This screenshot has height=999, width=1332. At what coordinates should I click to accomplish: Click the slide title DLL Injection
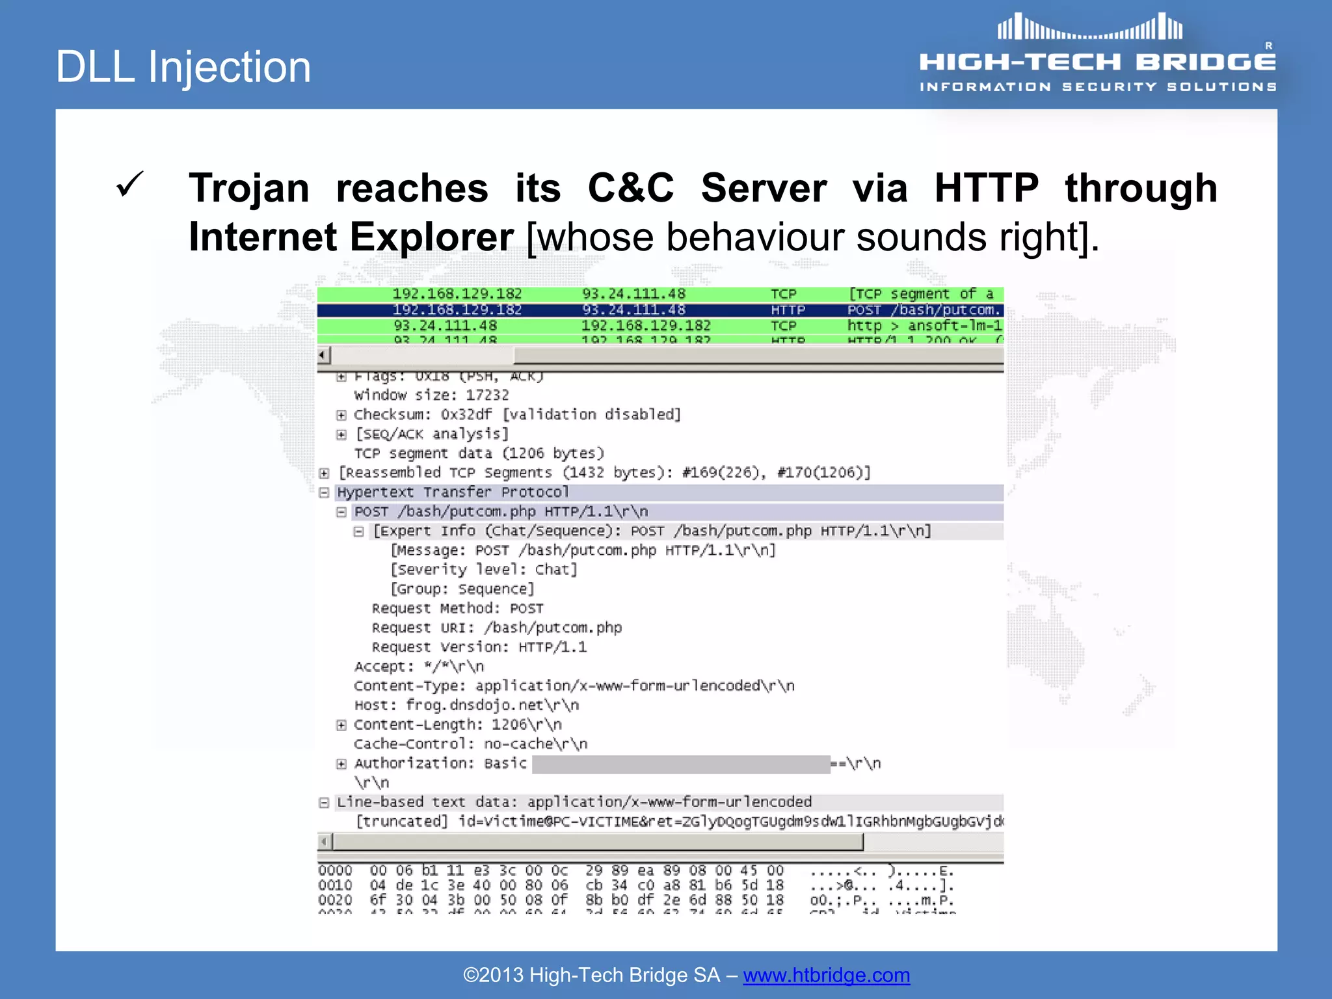tap(183, 67)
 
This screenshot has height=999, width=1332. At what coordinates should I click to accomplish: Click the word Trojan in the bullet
tap(249, 189)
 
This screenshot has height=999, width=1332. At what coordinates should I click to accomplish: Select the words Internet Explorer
tap(351, 237)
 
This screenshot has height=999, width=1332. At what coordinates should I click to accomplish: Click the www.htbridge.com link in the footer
tap(826, 975)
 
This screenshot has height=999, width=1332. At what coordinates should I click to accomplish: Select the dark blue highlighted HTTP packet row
tap(659, 310)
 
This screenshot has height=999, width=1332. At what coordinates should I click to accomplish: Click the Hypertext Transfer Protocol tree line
tap(453, 492)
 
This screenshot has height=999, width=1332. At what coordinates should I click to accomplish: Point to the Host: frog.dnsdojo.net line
tap(466, 705)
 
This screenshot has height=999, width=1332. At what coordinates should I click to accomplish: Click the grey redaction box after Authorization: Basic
tap(680, 764)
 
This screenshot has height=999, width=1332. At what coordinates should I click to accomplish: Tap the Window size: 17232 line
tap(431, 395)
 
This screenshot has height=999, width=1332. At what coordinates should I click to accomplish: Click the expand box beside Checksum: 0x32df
tap(341, 415)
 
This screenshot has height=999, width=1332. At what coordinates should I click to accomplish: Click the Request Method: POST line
tap(457, 608)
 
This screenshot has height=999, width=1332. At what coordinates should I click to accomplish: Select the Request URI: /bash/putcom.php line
tap(496, 628)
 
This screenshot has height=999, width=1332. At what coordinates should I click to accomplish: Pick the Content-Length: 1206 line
tap(457, 725)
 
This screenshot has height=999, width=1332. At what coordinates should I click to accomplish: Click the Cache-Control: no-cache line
tap(470, 744)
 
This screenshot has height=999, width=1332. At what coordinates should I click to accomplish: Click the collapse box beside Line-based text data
tap(324, 803)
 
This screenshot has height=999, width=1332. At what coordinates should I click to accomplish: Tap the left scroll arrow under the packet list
tap(323, 355)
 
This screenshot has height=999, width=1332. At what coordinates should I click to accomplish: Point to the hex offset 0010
tap(335, 885)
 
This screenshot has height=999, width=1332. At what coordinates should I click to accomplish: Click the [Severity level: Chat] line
tap(483, 570)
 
